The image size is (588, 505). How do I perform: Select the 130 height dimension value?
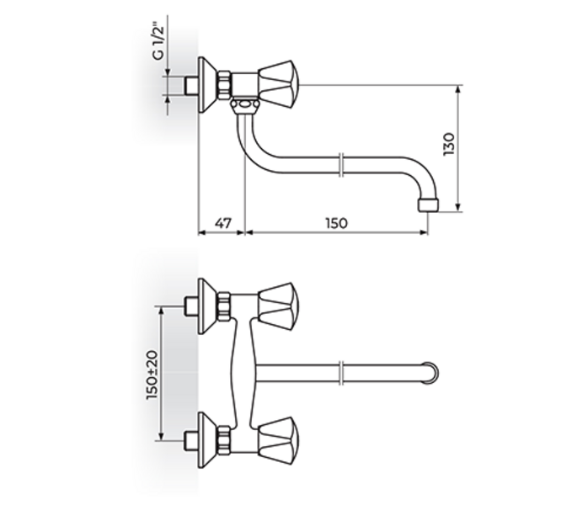(x=448, y=145)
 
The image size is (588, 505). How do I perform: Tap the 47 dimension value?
(x=221, y=223)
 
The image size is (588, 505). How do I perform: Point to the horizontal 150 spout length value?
(x=336, y=223)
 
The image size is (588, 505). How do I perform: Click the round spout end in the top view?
(x=430, y=370)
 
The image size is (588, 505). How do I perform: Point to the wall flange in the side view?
(x=203, y=84)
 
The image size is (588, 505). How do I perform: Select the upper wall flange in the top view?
(x=203, y=304)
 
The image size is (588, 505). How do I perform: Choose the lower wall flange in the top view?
(x=203, y=439)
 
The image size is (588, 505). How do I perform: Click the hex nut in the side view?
(x=225, y=84)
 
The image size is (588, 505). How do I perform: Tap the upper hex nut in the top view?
(x=225, y=304)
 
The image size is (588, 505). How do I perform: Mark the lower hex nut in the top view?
(x=225, y=439)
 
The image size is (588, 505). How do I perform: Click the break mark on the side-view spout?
(x=339, y=165)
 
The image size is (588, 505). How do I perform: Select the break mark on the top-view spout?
(x=339, y=370)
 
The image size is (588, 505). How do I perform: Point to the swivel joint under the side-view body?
(x=244, y=104)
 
